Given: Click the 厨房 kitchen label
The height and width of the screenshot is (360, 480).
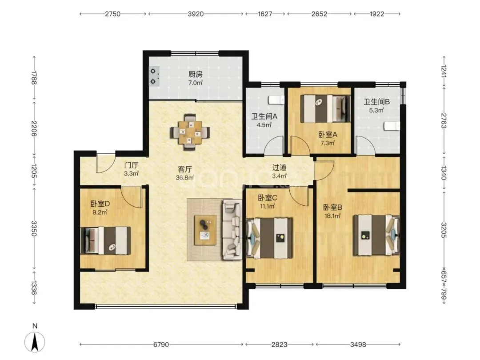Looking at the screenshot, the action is (x=195, y=74).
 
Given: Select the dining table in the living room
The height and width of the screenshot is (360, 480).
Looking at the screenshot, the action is (x=190, y=132).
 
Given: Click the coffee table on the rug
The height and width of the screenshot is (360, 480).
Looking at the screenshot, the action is (x=205, y=230).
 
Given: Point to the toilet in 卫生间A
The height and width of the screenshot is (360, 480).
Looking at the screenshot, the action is (x=276, y=100).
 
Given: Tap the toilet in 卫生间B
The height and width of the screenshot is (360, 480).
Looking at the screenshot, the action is (x=392, y=125).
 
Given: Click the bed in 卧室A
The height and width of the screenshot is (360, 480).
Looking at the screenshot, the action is (x=325, y=109).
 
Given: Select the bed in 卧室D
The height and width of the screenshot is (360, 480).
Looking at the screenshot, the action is (x=106, y=240).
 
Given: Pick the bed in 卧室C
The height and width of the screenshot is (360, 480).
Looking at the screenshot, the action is (x=270, y=238).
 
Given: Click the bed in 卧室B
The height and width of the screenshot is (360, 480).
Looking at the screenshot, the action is (x=377, y=235).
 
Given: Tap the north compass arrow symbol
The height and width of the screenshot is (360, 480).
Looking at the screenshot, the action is (x=35, y=342).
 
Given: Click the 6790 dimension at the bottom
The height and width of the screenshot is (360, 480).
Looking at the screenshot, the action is (x=161, y=345).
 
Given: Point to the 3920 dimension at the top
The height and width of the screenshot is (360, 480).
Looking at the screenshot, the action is (x=196, y=14).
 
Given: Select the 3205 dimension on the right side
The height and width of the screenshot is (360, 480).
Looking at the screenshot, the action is (x=444, y=230).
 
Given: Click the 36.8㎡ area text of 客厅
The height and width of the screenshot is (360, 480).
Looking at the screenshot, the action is (x=184, y=177).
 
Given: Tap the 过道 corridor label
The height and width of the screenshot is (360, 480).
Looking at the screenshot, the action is (x=279, y=168).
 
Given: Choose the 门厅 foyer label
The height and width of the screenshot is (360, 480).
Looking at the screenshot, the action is (x=131, y=165).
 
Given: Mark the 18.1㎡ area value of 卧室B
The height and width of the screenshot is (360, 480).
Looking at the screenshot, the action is (x=332, y=216).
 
